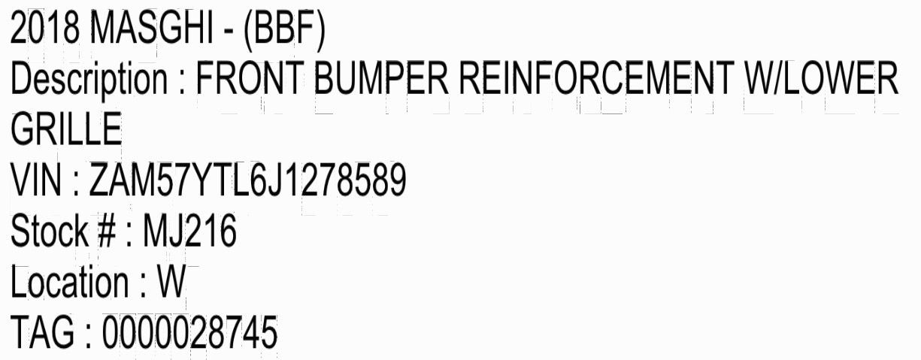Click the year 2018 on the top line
(x=44, y=28)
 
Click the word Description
(x=89, y=78)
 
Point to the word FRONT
(x=250, y=77)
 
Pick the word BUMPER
(x=381, y=77)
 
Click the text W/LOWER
(x=822, y=77)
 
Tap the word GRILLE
(x=66, y=129)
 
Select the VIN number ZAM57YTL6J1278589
(x=248, y=180)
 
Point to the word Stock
(x=50, y=230)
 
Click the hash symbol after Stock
(x=107, y=231)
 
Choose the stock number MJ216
(x=189, y=230)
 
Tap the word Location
(x=70, y=282)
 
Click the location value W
(x=172, y=282)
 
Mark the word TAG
(x=42, y=331)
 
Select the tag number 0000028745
(x=190, y=331)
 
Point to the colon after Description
(x=182, y=81)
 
